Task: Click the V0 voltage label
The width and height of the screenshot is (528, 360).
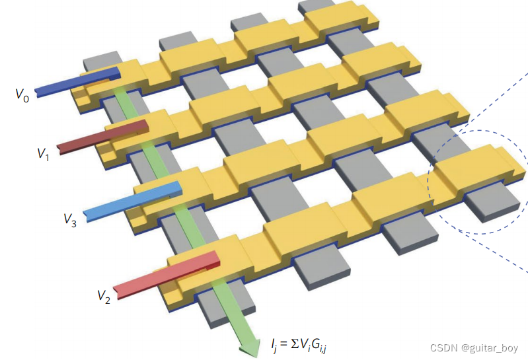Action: coord(22,95)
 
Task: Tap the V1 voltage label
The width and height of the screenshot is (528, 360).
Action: coord(44,154)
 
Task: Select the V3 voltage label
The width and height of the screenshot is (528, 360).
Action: coord(70,220)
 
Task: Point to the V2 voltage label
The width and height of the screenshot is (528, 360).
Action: coord(104,297)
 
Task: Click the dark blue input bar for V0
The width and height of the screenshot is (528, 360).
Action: coord(77,82)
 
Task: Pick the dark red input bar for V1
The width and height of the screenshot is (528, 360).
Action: coord(102,137)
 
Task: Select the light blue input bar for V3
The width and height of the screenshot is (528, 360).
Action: coord(133,201)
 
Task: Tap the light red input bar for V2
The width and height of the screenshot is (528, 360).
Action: coord(167,274)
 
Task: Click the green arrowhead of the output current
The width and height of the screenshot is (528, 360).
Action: coord(250,347)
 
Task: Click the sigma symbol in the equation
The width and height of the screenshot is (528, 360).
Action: coord(295,343)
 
